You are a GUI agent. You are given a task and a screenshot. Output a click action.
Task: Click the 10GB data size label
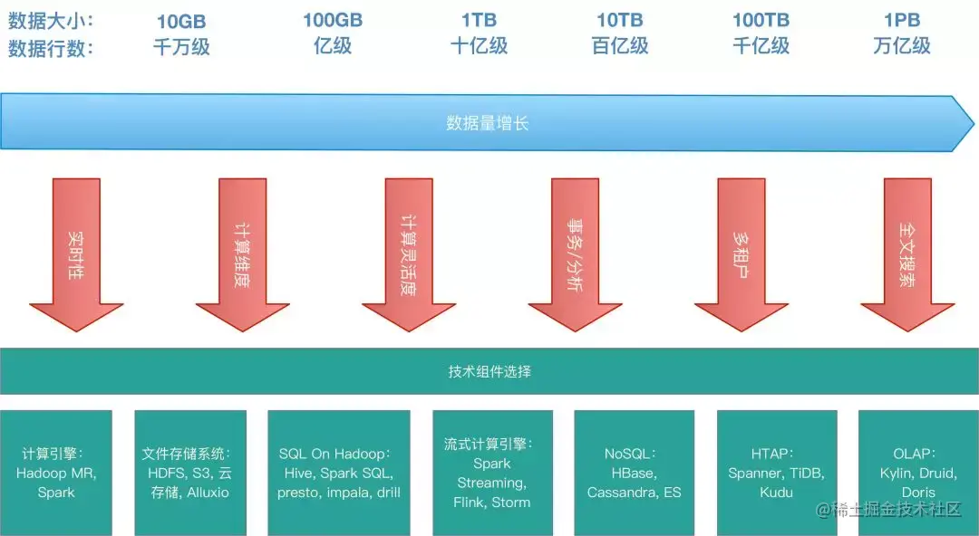(182, 20)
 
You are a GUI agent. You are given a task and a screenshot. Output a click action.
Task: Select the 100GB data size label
(333, 20)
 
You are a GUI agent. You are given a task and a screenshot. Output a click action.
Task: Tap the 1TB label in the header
(479, 20)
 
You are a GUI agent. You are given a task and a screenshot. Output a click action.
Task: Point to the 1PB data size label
(902, 20)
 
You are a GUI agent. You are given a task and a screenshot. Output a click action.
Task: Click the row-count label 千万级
(182, 47)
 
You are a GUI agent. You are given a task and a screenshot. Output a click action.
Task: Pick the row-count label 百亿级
(620, 47)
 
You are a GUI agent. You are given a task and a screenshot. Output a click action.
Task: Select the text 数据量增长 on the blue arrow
(488, 123)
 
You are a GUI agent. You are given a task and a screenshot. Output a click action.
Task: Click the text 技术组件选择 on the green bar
(489, 371)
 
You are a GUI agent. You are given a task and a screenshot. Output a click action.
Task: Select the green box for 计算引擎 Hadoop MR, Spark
(56, 473)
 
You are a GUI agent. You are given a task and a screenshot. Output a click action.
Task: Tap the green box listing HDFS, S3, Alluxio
(190, 473)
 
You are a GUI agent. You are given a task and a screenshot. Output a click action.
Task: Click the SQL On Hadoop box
(339, 473)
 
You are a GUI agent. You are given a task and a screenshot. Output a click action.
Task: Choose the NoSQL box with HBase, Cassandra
(635, 473)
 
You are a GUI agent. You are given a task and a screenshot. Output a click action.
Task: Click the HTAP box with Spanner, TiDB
(777, 473)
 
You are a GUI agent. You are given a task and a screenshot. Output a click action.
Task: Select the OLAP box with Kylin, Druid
(917, 473)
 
